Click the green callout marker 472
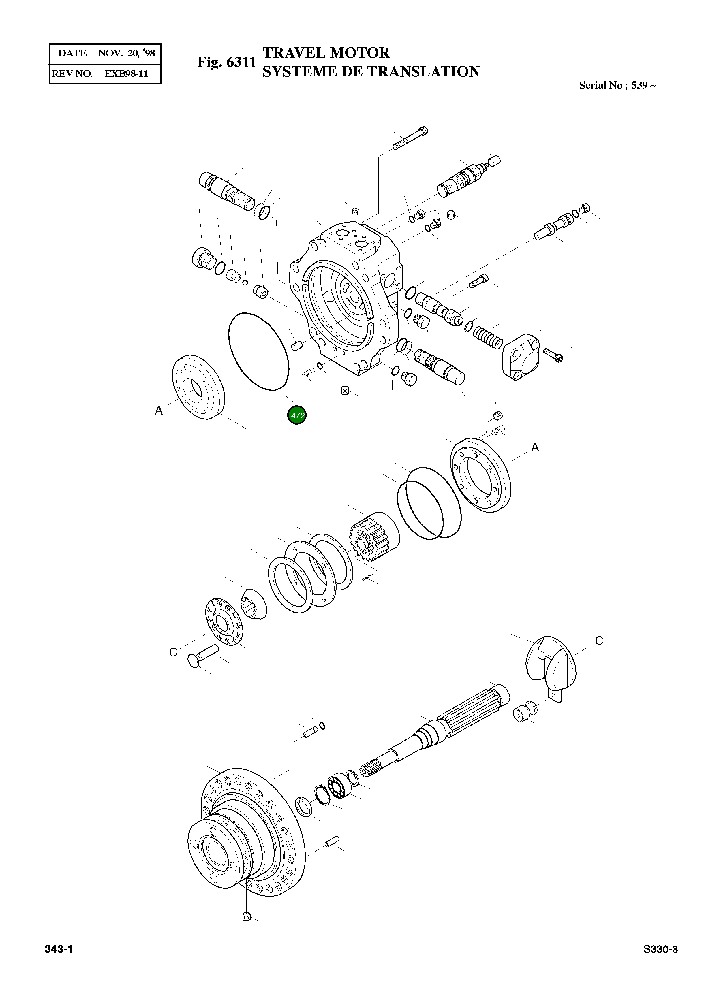coord(297,415)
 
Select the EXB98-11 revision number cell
coord(127,73)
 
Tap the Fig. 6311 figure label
coord(226,62)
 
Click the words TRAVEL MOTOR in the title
coord(326,53)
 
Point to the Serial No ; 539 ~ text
coord(617,85)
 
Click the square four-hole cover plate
coord(523,356)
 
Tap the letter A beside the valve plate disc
coord(159,411)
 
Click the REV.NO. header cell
coord(72,73)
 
